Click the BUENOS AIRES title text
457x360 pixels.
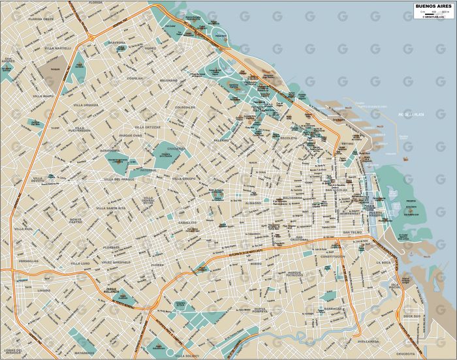point(433,7)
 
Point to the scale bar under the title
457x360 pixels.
point(433,12)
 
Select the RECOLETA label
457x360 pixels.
point(289,138)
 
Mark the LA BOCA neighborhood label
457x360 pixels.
point(383,262)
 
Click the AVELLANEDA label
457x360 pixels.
point(368,341)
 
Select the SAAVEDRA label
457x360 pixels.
point(117,42)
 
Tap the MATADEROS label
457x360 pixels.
point(84,352)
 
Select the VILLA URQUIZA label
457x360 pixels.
point(86,104)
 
